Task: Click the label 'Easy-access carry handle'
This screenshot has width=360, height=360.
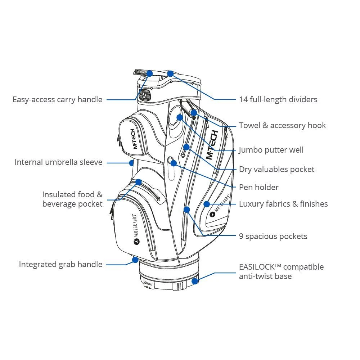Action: pos(58,99)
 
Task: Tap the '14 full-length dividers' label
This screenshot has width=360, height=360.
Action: pos(278,99)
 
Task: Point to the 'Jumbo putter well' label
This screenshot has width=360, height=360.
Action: pos(271,150)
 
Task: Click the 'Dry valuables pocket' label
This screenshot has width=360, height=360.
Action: pos(276,169)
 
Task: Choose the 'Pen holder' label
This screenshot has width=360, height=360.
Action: pos(258,187)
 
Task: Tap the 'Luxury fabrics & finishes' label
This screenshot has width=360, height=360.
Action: pos(283,204)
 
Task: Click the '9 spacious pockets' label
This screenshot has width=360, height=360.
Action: pos(273,236)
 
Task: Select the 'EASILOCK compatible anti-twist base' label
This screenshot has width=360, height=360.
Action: pos(281,271)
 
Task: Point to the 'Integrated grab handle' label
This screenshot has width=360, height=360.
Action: pos(60,264)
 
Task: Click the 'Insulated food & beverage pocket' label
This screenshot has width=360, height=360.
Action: pos(72,199)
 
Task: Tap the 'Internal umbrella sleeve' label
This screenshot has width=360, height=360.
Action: pos(58,162)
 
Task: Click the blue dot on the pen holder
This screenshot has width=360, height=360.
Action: pos(174,163)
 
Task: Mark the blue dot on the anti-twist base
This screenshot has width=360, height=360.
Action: pos(195,281)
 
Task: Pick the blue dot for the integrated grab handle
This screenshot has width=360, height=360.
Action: pos(135,259)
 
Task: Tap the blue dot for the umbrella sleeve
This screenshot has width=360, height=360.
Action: pos(132,163)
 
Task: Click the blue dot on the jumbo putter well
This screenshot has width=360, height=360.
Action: pos(180,117)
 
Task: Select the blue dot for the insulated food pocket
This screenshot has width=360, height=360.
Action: pos(139,182)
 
